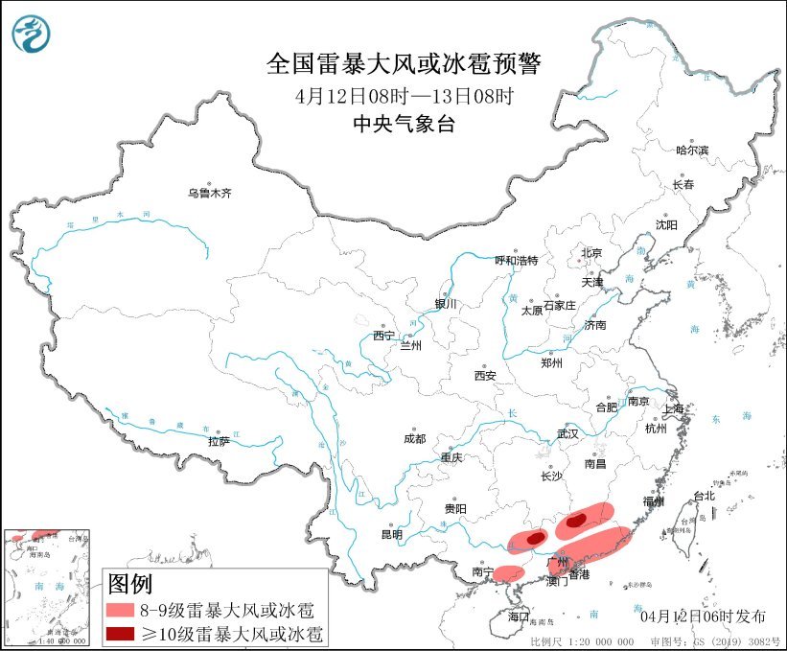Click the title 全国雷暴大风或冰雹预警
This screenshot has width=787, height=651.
[x=404, y=65]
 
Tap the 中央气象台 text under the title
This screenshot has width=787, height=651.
[x=404, y=123]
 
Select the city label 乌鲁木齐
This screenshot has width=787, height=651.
[x=210, y=193]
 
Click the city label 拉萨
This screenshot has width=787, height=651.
[x=219, y=441]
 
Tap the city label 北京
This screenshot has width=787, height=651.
[x=590, y=253]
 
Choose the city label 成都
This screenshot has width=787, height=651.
[x=414, y=438]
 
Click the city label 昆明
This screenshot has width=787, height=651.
[x=392, y=533]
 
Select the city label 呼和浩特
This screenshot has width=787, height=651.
[x=517, y=260]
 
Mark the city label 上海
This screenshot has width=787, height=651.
[x=674, y=408]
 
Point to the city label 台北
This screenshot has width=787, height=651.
[x=704, y=496]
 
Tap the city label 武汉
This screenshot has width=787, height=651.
[x=567, y=433]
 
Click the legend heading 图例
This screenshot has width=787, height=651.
[x=129, y=583]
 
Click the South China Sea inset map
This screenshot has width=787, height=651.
[x=47, y=584]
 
